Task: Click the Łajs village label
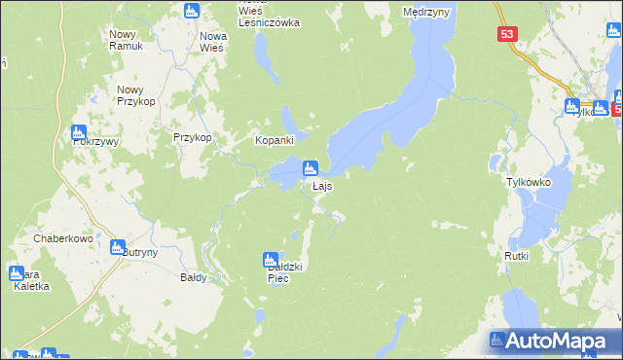point(324,186)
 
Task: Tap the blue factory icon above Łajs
point(311,167)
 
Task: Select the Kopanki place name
point(275,140)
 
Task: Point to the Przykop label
point(192,138)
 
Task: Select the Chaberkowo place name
point(62,237)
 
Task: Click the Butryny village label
point(140,251)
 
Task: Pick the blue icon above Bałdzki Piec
point(270,260)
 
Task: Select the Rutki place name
point(516,256)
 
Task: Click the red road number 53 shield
point(506,34)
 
